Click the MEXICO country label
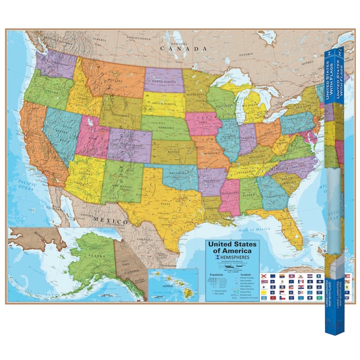pos(110,221)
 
